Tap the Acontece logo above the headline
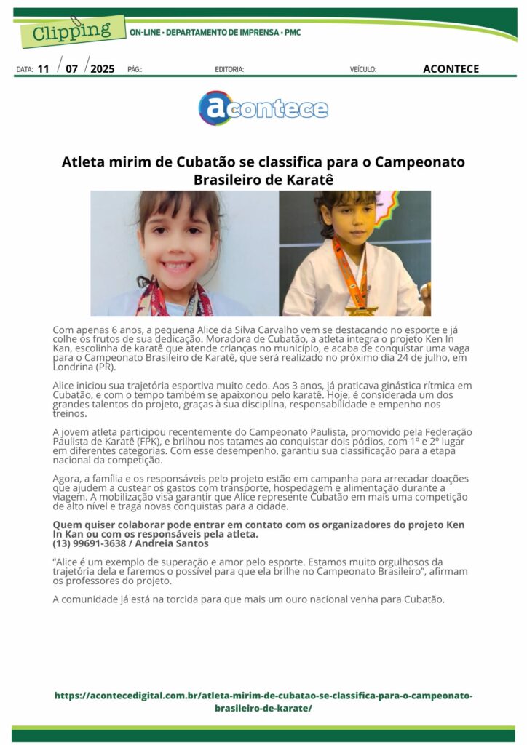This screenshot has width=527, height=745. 263,108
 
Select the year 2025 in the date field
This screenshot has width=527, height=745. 102,69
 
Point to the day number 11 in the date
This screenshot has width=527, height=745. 44,69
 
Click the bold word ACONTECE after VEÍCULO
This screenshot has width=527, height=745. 451,69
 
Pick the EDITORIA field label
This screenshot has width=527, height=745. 229,70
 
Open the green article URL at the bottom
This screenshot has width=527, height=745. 263,701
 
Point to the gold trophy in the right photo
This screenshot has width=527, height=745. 355,311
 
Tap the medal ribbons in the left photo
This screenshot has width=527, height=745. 175,302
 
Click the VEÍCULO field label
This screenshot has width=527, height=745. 363,70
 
